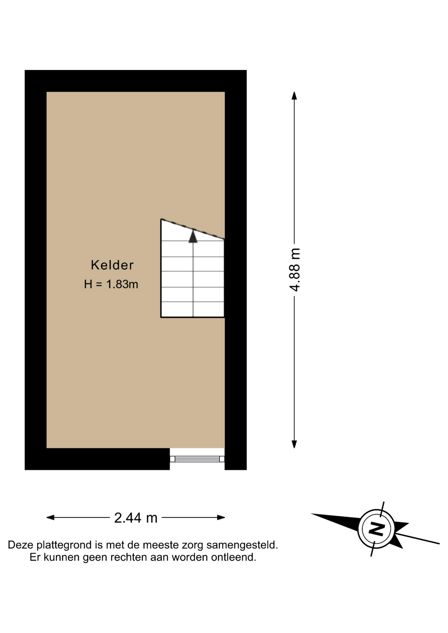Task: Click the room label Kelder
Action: point(112,265)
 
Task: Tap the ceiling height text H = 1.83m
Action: point(111,284)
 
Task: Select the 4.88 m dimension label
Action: point(295,270)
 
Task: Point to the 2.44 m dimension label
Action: point(136,518)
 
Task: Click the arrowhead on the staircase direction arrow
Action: point(193,236)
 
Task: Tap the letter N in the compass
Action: point(376,529)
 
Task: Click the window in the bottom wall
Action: point(197,459)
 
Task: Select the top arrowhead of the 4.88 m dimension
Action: point(294,96)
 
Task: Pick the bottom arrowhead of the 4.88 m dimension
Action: point(294,444)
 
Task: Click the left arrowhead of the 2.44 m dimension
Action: point(50,518)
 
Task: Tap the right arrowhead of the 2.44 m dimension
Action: point(221,518)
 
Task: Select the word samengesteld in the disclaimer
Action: point(242,545)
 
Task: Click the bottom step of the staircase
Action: point(192,310)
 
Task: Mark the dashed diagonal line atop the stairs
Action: point(193,229)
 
